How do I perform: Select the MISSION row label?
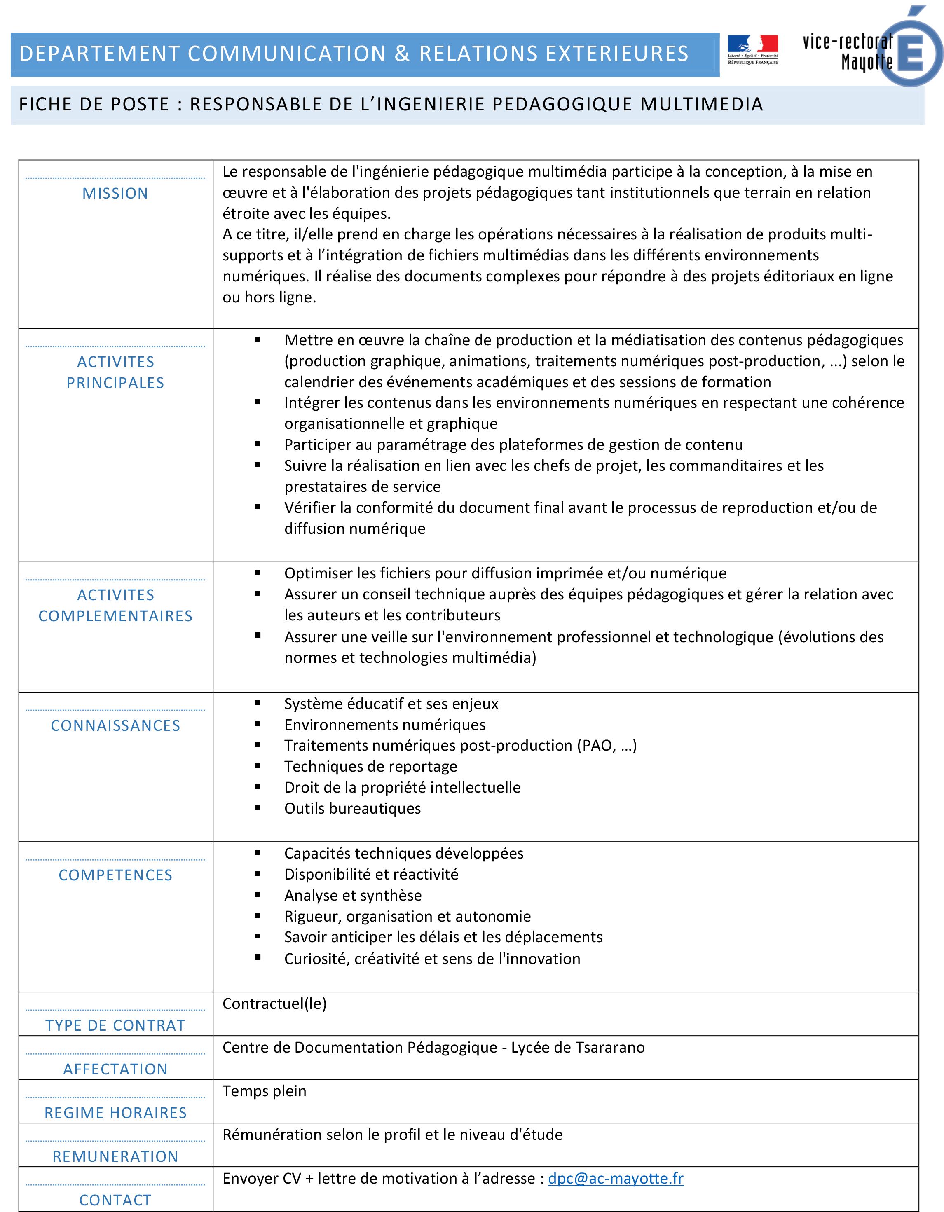point(115,193)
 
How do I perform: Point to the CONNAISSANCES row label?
point(115,725)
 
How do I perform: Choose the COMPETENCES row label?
point(115,875)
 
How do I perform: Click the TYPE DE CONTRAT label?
point(115,1025)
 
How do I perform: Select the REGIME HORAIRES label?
point(115,1113)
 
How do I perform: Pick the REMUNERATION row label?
point(115,1156)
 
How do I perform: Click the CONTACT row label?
point(115,1200)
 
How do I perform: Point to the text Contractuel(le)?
point(274,1004)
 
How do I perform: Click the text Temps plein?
point(264,1091)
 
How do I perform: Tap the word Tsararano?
point(610,1047)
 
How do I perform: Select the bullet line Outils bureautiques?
point(352,809)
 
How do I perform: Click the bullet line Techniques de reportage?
point(371,766)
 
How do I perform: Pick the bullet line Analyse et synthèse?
point(353,895)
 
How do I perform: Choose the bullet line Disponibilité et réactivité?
point(371,874)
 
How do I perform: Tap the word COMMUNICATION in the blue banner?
point(286,54)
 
